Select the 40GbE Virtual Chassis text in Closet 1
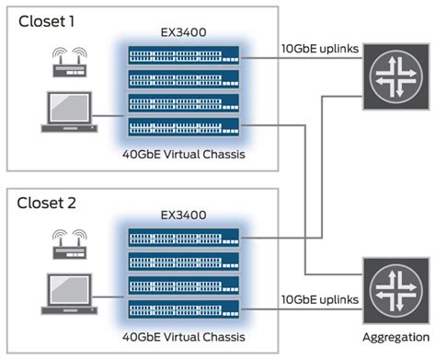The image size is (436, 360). (x=185, y=153)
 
